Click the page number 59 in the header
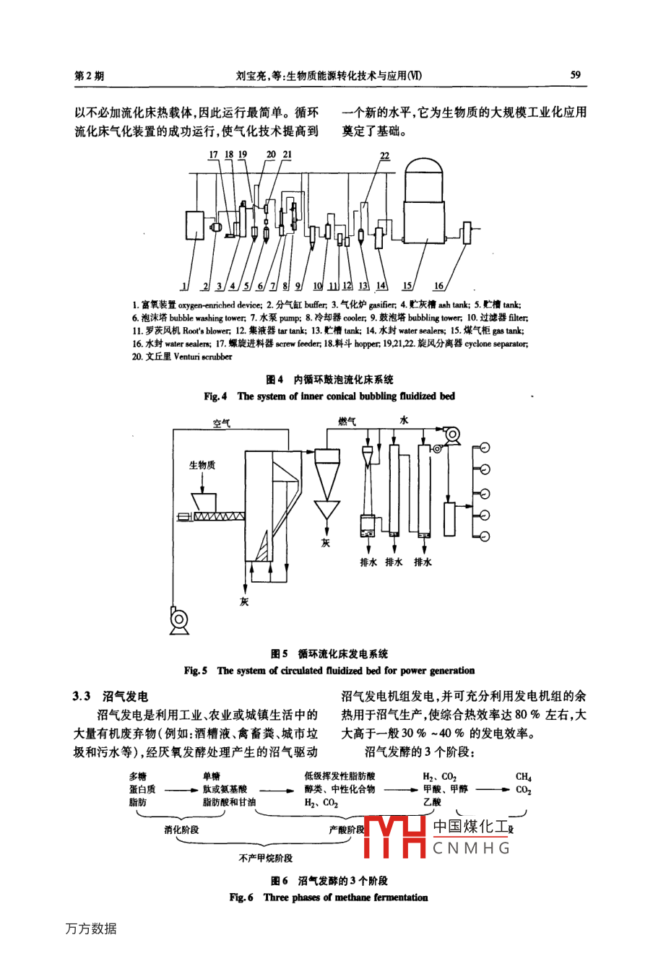tap(576, 75)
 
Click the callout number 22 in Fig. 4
tap(384, 155)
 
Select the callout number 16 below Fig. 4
tap(438, 286)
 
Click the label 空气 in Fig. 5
tap(221, 423)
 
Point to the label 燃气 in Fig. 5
tap(347, 421)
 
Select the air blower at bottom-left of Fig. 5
tap(178, 619)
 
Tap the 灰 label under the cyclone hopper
tap(325, 542)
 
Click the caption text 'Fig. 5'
tap(195, 671)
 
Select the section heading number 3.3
tap(81, 696)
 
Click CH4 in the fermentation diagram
tap(523, 777)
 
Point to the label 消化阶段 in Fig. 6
tap(181, 830)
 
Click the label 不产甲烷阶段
tap(266, 858)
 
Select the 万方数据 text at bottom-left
tap(90, 928)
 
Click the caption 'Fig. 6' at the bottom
tap(241, 897)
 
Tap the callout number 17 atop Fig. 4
tap(212, 155)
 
